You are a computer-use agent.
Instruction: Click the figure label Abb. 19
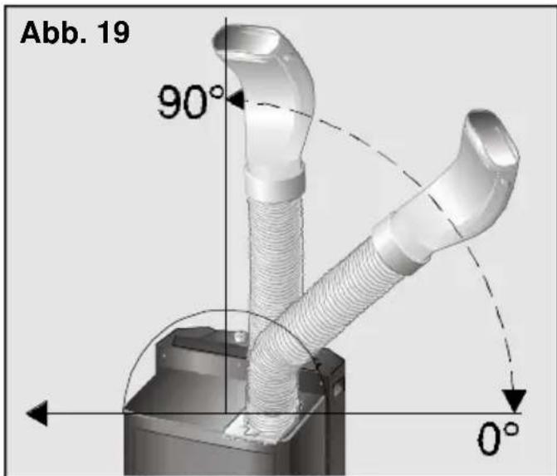click(x=75, y=33)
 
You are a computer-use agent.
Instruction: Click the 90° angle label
click(x=190, y=102)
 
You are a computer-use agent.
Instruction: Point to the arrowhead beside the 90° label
click(x=235, y=99)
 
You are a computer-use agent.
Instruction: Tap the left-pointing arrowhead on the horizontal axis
click(x=37, y=413)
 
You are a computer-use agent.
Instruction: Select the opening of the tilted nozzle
click(x=494, y=140)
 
